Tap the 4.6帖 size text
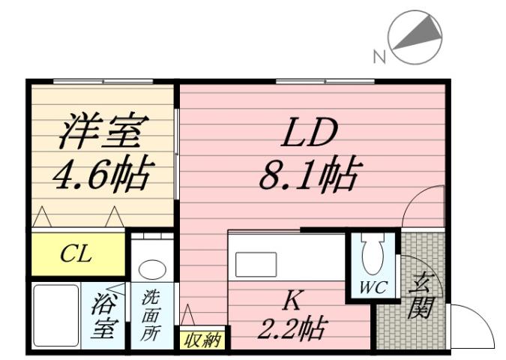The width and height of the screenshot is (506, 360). pyautogui.click(x=100, y=174)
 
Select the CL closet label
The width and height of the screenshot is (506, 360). pyautogui.click(x=76, y=254)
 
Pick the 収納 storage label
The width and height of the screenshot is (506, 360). pyautogui.click(x=202, y=340)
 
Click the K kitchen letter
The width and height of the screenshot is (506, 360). pyautogui.click(x=293, y=301)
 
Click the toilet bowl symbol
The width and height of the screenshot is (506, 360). pyautogui.click(x=371, y=256)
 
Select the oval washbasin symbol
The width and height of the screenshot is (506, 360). pyautogui.click(x=153, y=270)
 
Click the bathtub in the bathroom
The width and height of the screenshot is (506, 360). pyautogui.click(x=54, y=315)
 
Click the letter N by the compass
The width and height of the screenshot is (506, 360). pyautogui.click(x=379, y=55)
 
